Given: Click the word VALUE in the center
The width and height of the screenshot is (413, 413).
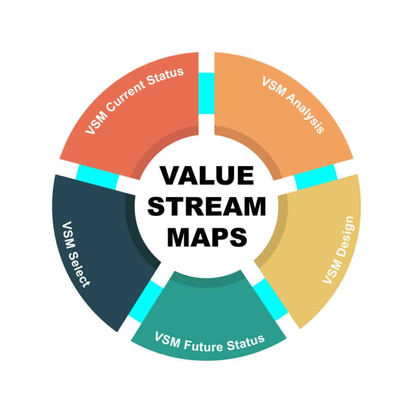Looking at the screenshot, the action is coord(207,176).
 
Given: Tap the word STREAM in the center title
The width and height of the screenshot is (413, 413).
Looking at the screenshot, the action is coord(207,207).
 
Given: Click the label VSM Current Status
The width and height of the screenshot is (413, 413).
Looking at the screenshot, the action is coord(135,100).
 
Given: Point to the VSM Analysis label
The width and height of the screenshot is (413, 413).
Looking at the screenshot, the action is coord(293,105).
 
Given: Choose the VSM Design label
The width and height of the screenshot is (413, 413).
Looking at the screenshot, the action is coord(339,250).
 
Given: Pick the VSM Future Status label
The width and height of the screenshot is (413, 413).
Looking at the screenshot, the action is coord(209,342).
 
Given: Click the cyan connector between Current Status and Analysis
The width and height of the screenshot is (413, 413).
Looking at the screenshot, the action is coord(206,93).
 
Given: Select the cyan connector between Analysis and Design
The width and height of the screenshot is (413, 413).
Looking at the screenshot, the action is coord(316,177).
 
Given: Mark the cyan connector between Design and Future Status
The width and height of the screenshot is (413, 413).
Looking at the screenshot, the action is coord(271,300).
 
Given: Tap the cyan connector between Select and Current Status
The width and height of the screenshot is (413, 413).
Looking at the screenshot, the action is coord(97,177).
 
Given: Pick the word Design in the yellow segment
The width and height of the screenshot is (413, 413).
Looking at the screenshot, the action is coord(345,236).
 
